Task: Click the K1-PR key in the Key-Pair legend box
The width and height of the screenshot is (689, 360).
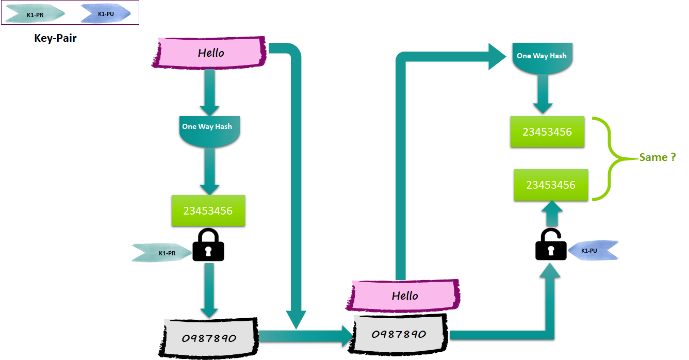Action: (x=35, y=14)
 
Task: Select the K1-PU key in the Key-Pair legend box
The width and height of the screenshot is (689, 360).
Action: (x=106, y=14)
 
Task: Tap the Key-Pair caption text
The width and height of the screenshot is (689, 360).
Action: (x=55, y=38)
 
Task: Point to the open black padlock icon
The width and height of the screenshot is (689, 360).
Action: (x=551, y=244)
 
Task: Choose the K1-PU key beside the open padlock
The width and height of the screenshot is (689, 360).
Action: (x=593, y=250)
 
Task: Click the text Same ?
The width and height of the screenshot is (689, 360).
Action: (x=658, y=157)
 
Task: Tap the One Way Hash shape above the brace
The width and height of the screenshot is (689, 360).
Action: (x=541, y=58)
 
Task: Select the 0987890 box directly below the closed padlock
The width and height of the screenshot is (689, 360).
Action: (x=209, y=338)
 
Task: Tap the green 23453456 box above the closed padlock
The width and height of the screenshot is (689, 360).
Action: (x=208, y=210)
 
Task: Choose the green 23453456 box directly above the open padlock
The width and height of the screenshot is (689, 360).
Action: (x=551, y=185)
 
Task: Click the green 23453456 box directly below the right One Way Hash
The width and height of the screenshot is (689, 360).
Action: (x=547, y=132)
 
